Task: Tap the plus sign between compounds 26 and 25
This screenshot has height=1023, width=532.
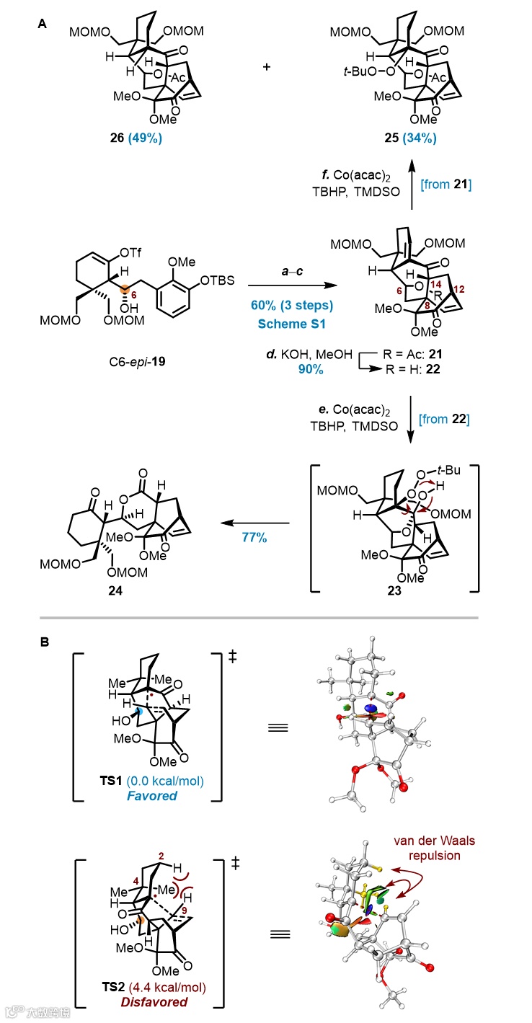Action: (267, 66)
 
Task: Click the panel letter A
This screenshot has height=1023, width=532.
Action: (43, 24)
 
